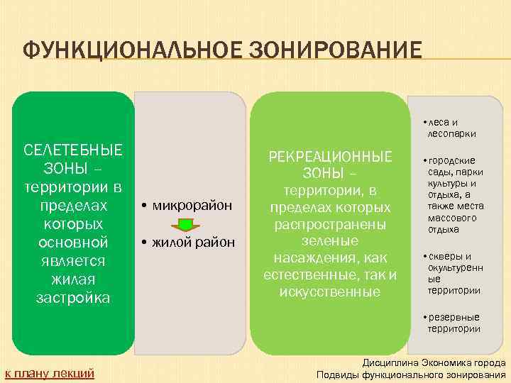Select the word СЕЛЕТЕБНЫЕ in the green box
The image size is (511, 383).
tap(73, 150)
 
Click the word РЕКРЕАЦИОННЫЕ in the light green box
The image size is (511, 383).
tap(329, 156)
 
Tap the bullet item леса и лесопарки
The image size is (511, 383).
tap(447, 128)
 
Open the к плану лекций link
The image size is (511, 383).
tap(50, 373)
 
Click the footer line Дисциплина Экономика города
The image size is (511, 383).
tap(435, 362)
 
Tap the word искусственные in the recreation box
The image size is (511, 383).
tap(330, 292)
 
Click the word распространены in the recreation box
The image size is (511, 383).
tap(330, 224)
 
